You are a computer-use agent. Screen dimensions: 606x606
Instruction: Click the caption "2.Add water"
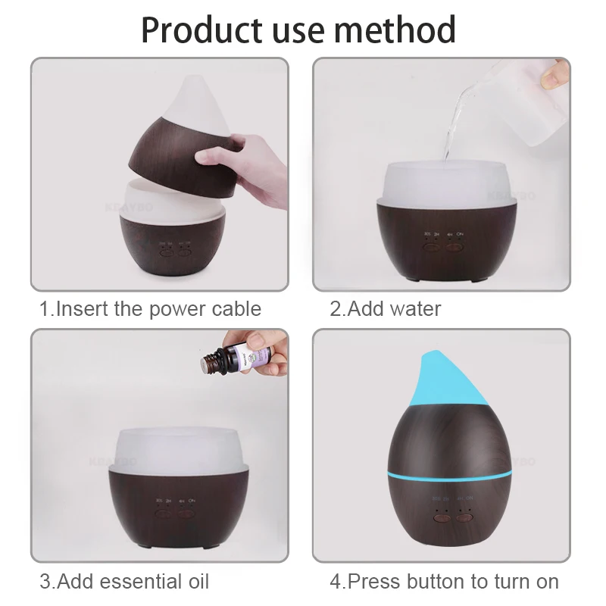(385, 308)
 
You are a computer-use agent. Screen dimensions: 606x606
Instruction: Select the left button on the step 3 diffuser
(161, 514)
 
